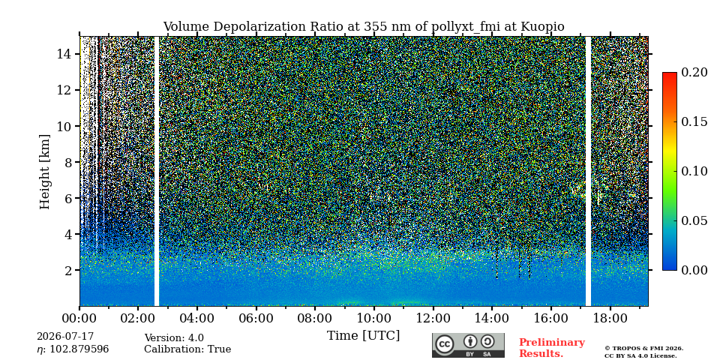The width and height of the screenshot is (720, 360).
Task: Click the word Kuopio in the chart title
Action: click(542, 27)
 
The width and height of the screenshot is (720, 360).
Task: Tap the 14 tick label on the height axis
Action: click(64, 54)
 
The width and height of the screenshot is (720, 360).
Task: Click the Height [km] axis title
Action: click(44, 172)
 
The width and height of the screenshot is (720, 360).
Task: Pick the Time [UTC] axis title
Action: click(363, 336)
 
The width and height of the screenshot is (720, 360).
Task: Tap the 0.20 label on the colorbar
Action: click(694, 72)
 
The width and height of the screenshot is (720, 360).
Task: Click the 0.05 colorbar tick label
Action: click(694, 220)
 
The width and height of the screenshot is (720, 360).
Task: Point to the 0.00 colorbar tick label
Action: click(694, 270)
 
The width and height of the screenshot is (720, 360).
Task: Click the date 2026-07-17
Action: click(65, 337)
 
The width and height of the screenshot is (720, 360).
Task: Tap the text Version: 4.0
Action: click(174, 338)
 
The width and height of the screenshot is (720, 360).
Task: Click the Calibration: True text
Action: click(187, 349)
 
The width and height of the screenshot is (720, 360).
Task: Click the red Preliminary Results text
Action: click(552, 348)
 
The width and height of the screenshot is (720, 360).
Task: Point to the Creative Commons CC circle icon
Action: click(445, 344)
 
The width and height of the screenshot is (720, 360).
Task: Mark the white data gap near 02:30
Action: click(157, 171)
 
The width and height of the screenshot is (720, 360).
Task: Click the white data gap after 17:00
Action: click(588, 171)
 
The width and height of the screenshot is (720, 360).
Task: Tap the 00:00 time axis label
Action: click(80, 319)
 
